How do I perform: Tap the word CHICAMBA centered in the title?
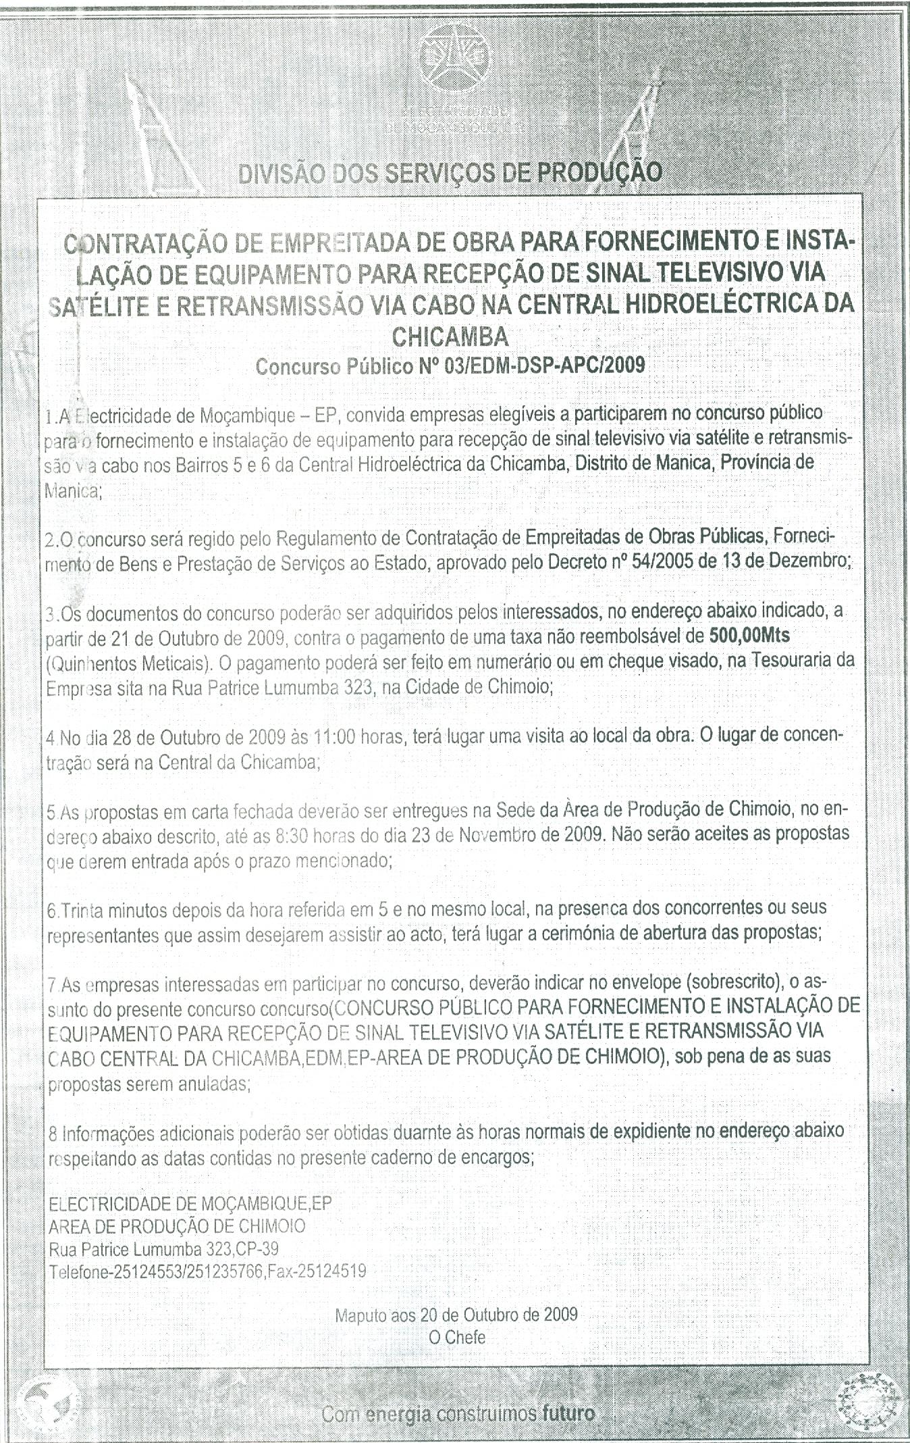point(450,335)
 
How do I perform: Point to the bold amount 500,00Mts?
point(750,636)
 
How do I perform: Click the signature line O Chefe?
point(456,1336)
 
